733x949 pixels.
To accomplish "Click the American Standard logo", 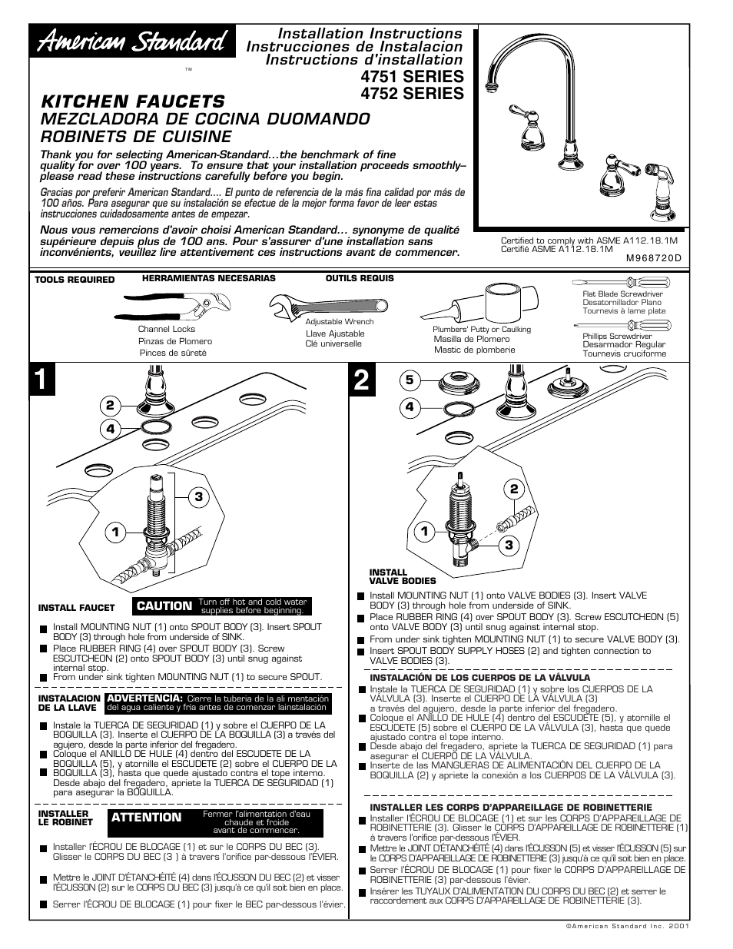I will tap(132, 44).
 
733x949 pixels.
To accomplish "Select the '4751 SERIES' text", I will tap(411, 76).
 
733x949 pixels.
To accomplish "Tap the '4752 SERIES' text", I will tap(411, 94).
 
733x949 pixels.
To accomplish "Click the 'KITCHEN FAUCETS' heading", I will tap(133, 101).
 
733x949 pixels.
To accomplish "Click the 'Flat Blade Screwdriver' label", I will tap(622, 294).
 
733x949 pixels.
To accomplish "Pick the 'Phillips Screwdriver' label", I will tap(617, 337).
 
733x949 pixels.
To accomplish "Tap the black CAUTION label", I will tap(164, 606).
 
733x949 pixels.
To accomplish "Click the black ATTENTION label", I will tap(147, 818).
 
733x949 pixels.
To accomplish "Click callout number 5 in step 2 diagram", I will tap(410, 380).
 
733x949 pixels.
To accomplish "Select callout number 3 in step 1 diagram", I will tap(197, 497).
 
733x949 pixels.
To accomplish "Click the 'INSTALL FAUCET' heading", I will tap(76, 608).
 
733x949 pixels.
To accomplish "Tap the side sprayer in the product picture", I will tap(658, 189).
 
